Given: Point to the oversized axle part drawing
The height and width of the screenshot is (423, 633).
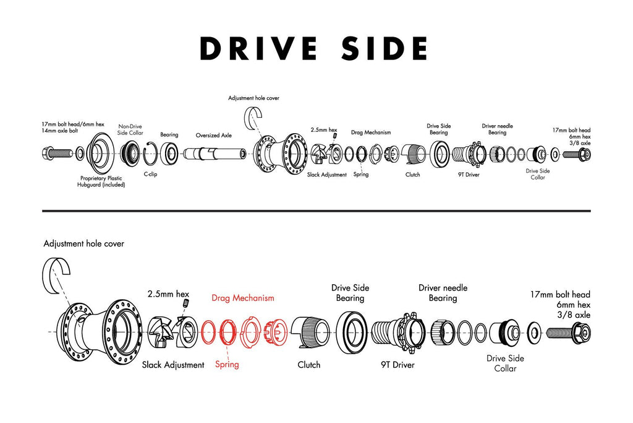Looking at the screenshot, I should (x=213, y=152).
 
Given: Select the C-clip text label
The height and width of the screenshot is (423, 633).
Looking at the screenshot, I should (x=150, y=174).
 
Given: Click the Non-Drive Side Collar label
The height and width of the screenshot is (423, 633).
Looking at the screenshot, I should (x=130, y=130).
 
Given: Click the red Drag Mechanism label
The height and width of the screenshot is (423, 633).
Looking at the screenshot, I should (x=242, y=298).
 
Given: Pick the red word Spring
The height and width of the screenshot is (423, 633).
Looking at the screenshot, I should (x=227, y=364).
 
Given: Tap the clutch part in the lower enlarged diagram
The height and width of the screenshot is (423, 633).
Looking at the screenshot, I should (x=308, y=332).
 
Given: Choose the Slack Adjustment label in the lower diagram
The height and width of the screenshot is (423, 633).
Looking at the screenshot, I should (x=173, y=365).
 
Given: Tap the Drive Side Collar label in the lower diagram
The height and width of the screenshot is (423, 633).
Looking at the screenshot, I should (x=505, y=363).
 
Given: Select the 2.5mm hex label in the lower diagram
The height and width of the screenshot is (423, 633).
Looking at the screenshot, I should (x=168, y=293).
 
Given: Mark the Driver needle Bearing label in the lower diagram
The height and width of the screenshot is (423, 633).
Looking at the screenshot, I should (x=443, y=293).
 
